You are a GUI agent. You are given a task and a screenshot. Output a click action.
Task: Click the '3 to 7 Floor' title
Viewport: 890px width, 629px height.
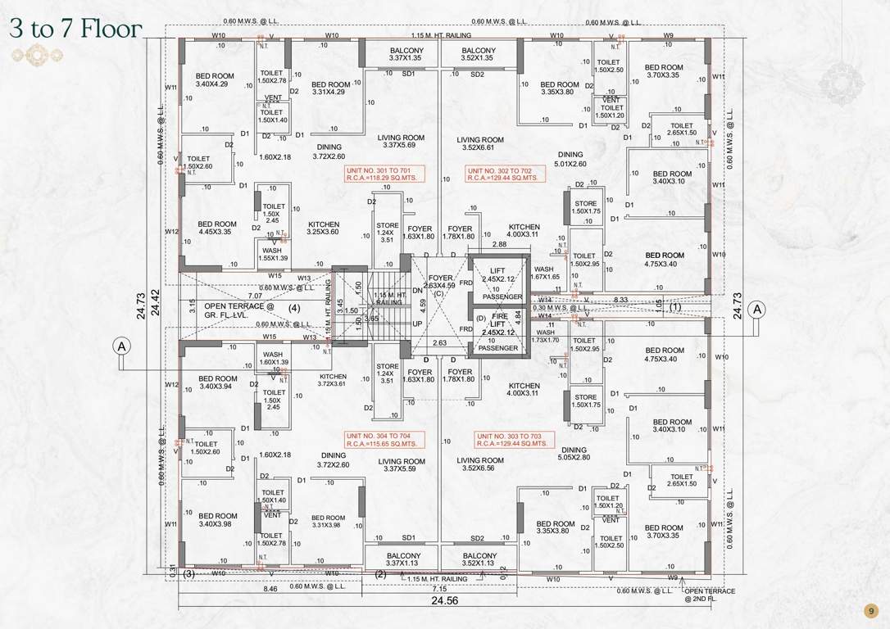(76, 29)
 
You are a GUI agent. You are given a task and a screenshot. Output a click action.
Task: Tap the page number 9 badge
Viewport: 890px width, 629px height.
(870, 611)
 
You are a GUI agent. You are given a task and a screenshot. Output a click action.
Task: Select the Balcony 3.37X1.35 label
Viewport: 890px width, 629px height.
(407, 54)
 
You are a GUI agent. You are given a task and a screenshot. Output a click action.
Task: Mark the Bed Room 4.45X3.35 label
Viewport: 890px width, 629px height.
(217, 228)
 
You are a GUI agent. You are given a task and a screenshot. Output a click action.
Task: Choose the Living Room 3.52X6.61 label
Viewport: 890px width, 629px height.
(480, 144)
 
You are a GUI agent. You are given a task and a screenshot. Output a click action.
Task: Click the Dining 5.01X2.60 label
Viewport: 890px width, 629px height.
(570, 159)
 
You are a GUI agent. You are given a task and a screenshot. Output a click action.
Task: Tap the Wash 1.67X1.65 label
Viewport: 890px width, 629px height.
(543, 274)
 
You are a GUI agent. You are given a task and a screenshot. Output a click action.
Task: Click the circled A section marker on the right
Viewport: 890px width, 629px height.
(757, 309)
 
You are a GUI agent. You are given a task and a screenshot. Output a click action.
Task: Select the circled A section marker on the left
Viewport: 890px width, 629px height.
(122, 346)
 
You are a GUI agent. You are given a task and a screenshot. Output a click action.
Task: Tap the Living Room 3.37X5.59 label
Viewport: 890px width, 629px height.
(402, 465)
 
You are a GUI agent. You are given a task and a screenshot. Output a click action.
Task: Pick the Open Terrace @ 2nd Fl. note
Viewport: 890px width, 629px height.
(710, 595)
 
